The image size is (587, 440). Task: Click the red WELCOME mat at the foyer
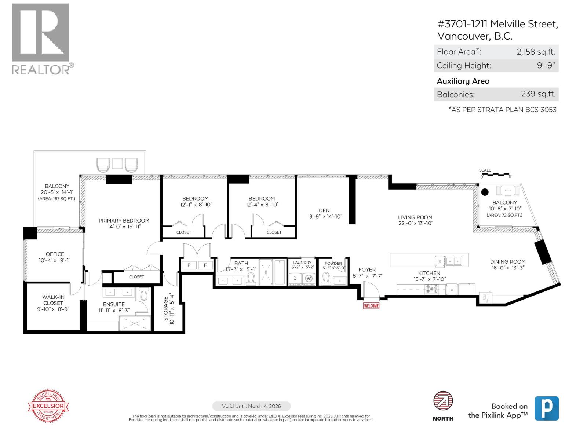371,305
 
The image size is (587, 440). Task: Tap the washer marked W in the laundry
309,278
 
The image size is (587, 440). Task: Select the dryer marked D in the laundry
295,278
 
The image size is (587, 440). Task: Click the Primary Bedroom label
124,221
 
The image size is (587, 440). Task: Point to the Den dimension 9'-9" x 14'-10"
325,216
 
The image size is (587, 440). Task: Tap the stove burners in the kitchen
431,289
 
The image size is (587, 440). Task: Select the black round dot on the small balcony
485,192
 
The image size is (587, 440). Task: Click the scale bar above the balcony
495,174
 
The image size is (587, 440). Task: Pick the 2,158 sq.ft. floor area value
536,52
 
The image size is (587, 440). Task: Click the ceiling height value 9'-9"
546,66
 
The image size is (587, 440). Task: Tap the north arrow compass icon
443,401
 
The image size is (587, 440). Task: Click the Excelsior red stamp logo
48,406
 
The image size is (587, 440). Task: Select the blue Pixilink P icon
546,408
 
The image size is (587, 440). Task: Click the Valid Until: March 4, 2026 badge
251,406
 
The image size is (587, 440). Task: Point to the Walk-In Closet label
53,300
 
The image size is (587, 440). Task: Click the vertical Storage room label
165,310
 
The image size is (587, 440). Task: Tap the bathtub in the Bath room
280,272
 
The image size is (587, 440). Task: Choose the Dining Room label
507,262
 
